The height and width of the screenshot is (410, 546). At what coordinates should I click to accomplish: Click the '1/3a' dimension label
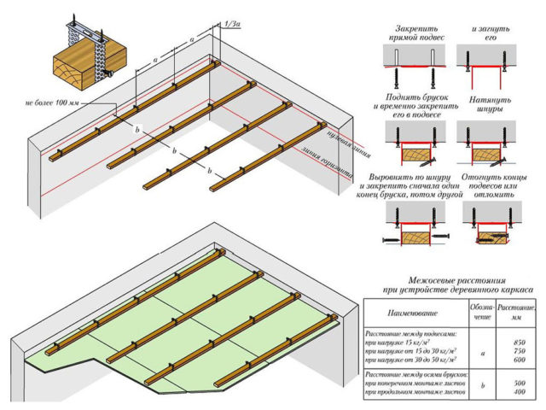pos(229,26)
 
